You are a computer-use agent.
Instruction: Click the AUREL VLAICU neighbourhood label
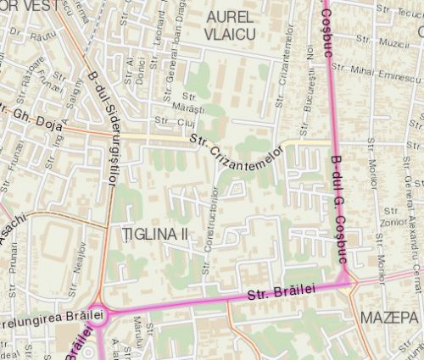pyautogui.click(x=231, y=25)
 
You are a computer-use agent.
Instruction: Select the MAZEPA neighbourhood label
pyautogui.click(x=388, y=316)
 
